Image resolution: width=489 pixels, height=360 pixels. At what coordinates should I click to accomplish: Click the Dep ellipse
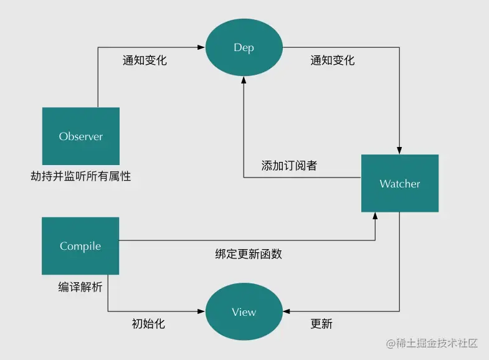pyautogui.click(x=244, y=47)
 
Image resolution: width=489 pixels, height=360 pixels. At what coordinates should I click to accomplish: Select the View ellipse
pyautogui.click(x=244, y=311)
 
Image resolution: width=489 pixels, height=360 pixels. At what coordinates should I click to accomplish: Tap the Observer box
pyautogui.click(x=80, y=136)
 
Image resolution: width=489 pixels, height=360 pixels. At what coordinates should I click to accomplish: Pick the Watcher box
pyautogui.click(x=399, y=184)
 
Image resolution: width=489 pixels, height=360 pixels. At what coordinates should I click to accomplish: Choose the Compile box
pyautogui.click(x=80, y=246)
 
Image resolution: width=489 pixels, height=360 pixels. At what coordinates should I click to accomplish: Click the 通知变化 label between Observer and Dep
pyautogui.click(x=145, y=60)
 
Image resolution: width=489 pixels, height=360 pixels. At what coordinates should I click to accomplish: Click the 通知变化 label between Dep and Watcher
pyautogui.click(x=332, y=60)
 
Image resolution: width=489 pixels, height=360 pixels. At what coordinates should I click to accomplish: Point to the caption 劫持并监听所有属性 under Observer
pyautogui.click(x=81, y=176)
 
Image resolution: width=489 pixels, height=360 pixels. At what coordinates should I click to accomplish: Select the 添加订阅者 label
pyautogui.click(x=289, y=166)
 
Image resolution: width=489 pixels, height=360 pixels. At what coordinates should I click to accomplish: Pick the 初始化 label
pyautogui.click(x=148, y=324)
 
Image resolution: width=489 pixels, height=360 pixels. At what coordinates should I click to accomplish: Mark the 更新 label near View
pyautogui.click(x=321, y=324)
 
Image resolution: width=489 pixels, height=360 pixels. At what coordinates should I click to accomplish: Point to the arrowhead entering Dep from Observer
pyautogui.click(x=202, y=47)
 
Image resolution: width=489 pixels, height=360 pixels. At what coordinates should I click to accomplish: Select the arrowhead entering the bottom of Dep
pyautogui.click(x=244, y=80)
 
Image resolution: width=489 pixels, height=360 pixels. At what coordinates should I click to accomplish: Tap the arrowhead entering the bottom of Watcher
pyautogui.click(x=375, y=216)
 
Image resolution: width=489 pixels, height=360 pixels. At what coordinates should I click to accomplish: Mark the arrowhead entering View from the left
pyautogui.click(x=202, y=311)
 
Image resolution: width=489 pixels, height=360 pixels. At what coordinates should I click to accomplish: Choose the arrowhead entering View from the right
pyautogui.click(x=285, y=311)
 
